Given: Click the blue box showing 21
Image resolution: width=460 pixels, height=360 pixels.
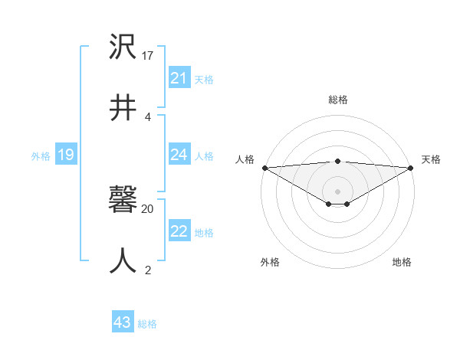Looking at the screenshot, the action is pyautogui.click(x=179, y=78).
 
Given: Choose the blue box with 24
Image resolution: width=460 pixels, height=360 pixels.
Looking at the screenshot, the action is pyautogui.click(x=179, y=155).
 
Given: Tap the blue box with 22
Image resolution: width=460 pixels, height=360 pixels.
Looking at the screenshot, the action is pyautogui.click(x=179, y=231).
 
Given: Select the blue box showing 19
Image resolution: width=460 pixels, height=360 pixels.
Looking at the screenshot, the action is pyautogui.click(x=65, y=155).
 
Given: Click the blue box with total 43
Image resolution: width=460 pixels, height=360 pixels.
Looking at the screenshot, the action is pyautogui.click(x=123, y=322).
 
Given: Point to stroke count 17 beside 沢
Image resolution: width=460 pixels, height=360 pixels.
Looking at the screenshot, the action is pyautogui.click(x=148, y=56).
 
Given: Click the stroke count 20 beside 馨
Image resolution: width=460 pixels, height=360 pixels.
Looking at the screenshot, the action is pyautogui.click(x=148, y=208).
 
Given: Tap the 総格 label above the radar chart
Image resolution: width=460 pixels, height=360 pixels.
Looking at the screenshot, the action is pyautogui.click(x=337, y=100).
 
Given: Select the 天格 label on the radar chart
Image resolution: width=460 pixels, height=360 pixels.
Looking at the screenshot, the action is pyautogui.click(x=431, y=159).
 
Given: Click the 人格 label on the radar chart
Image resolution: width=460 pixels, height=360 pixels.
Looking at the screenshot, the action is pyautogui.click(x=245, y=159).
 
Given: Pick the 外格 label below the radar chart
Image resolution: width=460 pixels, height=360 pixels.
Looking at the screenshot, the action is pyautogui.click(x=270, y=262).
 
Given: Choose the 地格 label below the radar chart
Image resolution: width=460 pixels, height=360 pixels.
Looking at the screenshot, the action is pyautogui.click(x=402, y=262).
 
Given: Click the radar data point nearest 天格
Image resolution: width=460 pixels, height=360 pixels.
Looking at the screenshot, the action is pyautogui.click(x=411, y=168).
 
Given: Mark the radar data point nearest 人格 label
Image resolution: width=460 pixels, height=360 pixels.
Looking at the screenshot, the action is pyautogui.click(x=264, y=168).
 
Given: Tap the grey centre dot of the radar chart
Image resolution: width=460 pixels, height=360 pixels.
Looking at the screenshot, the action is pyautogui.click(x=337, y=191).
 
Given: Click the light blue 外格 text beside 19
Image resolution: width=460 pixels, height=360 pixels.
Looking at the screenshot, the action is pyautogui.click(x=41, y=155).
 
